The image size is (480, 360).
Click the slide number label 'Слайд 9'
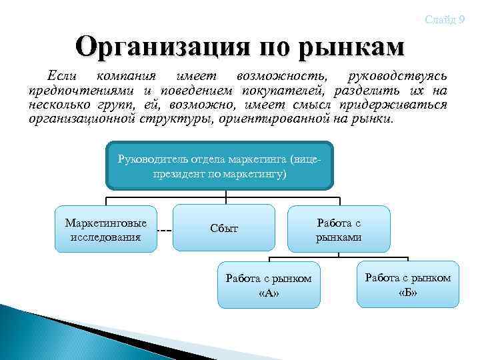(x=445, y=19)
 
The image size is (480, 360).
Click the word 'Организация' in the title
(x=159, y=47)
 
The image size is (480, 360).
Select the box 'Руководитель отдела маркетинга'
(x=219, y=165)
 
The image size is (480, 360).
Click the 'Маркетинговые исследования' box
(x=105, y=229)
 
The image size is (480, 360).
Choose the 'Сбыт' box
(x=223, y=228)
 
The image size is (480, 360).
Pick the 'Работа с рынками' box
(x=338, y=228)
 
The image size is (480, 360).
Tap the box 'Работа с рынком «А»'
(x=269, y=285)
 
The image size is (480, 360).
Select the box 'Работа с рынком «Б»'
(x=407, y=284)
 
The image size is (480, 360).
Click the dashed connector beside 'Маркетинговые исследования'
(x=165, y=231)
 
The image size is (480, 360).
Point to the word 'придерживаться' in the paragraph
(x=393, y=105)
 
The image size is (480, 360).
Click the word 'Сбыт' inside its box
(x=223, y=228)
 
